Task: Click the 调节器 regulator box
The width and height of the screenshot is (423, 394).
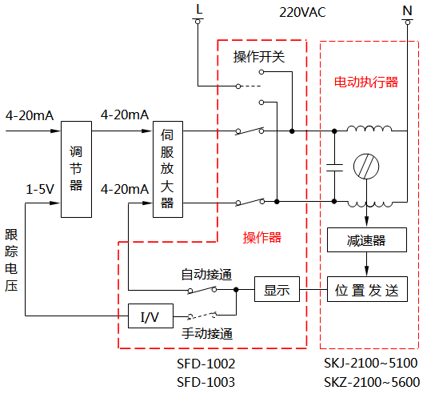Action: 77,169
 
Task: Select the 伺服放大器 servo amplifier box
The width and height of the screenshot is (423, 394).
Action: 167,169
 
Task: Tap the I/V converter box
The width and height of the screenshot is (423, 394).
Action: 150,316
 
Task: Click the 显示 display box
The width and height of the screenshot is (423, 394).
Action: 276,289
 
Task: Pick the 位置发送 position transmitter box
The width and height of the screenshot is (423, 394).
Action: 365,289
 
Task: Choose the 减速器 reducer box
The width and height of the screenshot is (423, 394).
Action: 366,240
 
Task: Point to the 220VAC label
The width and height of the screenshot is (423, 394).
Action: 303,13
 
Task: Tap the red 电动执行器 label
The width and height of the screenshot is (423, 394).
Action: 365,82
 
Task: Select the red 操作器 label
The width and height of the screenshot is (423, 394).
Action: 262,238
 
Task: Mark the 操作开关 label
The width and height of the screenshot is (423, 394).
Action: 258,58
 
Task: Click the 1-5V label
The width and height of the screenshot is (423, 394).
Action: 39,190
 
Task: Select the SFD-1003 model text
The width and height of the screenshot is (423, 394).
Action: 206,382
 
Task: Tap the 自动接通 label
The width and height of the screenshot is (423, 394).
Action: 206,274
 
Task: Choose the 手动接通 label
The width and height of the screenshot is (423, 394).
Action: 206,334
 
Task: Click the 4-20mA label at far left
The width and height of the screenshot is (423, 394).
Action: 29,115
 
